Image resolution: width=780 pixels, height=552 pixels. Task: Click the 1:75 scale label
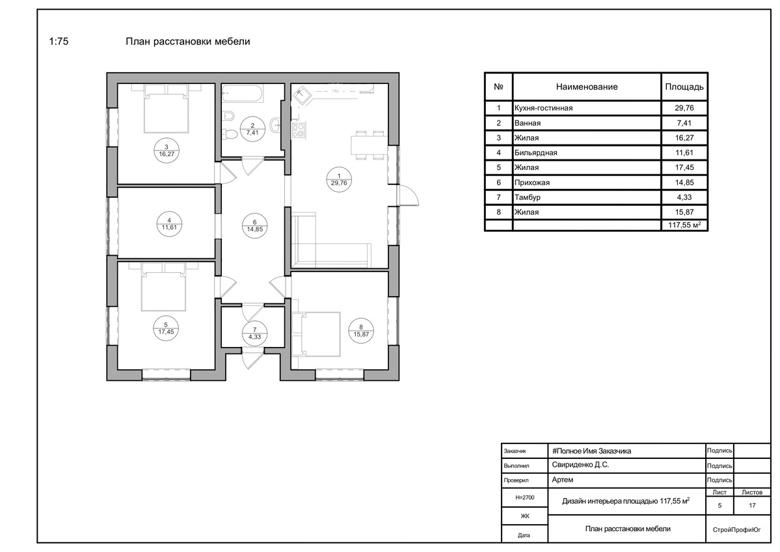[x=59, y=41]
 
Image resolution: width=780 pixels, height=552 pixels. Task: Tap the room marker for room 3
[x=166, y=150]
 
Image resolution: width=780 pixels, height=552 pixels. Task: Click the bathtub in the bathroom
[x=243, y=94]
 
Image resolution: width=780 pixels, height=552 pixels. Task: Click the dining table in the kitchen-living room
[x=369, y=145]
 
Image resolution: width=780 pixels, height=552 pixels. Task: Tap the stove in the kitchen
[x=298, y=130]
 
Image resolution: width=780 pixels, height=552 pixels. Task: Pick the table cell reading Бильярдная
[x=536, y=153]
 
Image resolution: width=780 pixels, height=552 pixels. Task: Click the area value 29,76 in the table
[x=684, y=108]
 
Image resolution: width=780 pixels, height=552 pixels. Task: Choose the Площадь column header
[x=684, y=87]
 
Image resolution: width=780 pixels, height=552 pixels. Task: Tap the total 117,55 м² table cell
[x=684, y=225]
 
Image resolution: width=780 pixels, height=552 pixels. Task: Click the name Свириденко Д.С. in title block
[x=580, y=465]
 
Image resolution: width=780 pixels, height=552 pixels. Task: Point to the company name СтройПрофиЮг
[x=736, y=530]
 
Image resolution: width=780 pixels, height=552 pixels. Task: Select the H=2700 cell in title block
[x=525, y=497]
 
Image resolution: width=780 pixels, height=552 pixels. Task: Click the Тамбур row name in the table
[x=528, y=198]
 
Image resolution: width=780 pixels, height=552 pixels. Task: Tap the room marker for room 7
[x=255, y=333]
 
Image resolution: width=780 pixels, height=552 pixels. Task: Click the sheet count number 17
[x=752, y=506]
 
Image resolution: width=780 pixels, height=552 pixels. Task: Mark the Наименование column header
[x=587, y=87]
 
